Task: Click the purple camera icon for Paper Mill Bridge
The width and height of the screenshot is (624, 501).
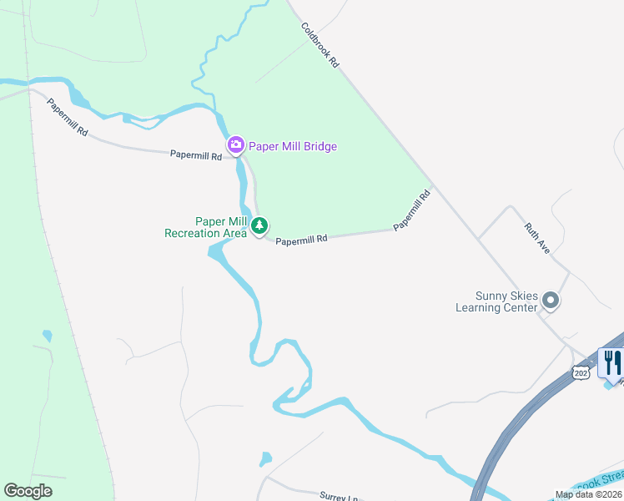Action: coord(236,146)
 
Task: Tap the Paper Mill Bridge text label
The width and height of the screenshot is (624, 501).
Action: coord(293,147)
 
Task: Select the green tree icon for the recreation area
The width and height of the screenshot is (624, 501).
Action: coord(259,225)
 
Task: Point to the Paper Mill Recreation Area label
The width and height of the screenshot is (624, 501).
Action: coord(205,227)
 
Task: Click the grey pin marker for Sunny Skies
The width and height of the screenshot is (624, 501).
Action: coord(550,299)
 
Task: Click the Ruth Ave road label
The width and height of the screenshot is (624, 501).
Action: coord(537,238)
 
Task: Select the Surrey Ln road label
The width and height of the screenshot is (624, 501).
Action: coord(338,496)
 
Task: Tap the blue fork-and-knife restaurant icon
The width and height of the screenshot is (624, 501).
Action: coord(611,362)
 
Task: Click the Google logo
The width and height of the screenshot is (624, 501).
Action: coord(28,491)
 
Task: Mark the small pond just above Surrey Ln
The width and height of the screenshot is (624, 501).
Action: coord(265,458)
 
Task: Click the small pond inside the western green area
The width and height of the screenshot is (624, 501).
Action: coord(47,336)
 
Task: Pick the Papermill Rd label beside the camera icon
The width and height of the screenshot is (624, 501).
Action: coord(196,155)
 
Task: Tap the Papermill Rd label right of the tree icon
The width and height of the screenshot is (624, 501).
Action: coord(301,240)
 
